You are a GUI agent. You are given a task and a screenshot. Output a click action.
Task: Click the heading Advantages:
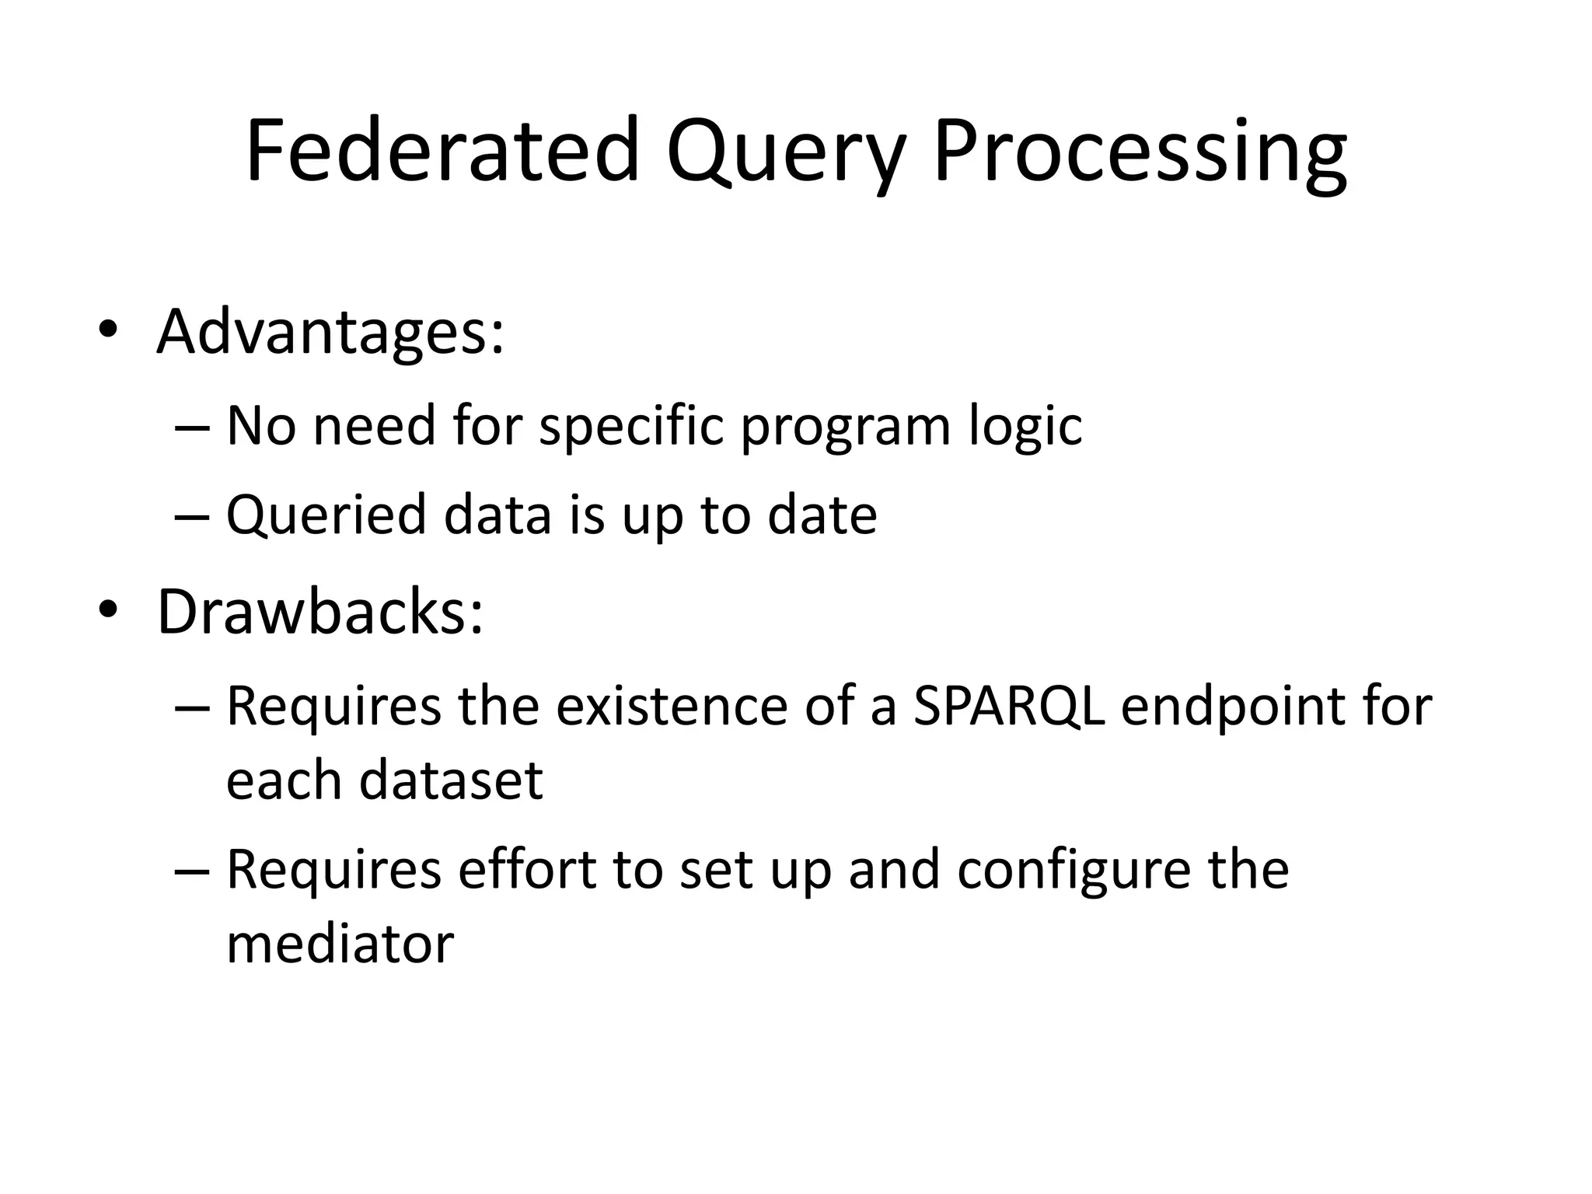coord(330,333)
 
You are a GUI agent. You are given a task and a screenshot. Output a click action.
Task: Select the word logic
coord(1025,428)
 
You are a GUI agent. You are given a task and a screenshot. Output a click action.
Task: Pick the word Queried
coord(326,516)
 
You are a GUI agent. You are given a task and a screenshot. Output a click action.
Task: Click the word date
coord(822,515)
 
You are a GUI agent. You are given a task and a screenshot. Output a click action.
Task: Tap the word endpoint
coord(1232,707)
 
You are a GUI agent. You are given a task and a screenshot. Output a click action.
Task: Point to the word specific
coord(631,428)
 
